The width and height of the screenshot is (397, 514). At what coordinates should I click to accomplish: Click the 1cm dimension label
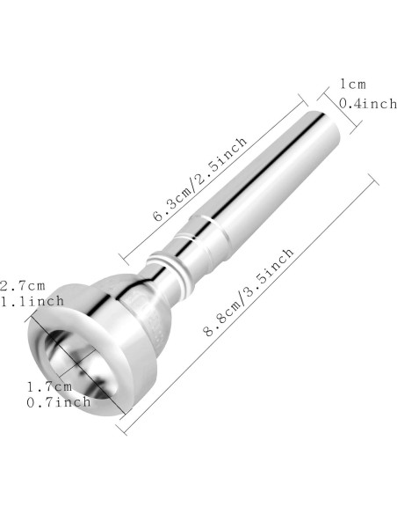(x=353, y=84)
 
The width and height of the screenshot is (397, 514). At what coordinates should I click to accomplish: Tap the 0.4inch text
(x=367, y=104)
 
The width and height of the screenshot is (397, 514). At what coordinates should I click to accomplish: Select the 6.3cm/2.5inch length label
(x=200, y=179)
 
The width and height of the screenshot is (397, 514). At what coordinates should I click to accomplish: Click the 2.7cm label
(x=22, y=285)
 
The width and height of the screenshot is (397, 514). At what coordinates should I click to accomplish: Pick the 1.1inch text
(x=32, y=301)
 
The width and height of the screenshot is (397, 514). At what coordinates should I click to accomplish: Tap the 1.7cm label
(x=49, y=386)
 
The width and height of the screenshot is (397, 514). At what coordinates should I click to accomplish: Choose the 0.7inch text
(x=59, y=402)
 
